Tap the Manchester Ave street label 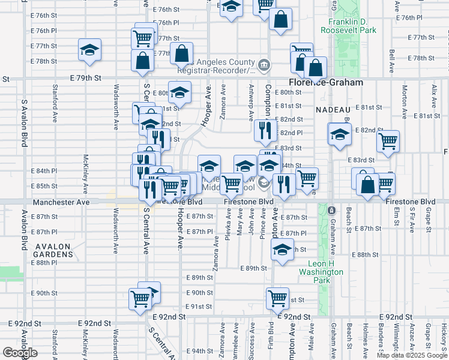[61, 202]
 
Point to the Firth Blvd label [271, 337]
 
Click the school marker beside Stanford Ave [89, 49]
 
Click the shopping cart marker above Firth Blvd [277, 297]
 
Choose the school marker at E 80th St [179, 92]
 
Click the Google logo [20, 353]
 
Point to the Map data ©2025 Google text [411, 355]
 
